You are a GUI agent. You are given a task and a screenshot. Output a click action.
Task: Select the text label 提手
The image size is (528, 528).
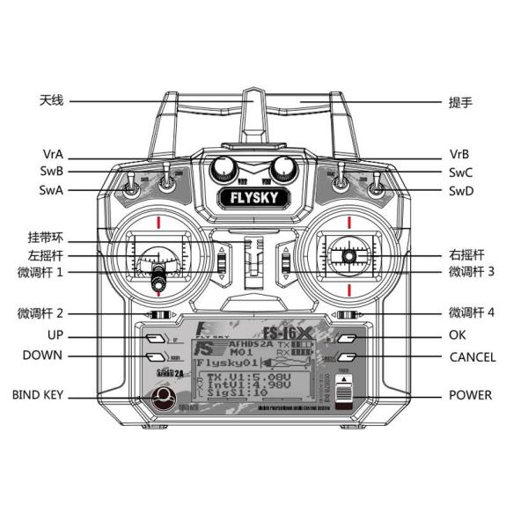pos(461,101)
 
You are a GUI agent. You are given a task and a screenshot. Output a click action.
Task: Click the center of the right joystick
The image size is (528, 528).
pos(349,256)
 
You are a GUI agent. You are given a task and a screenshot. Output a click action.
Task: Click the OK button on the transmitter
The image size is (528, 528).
pos(349,336)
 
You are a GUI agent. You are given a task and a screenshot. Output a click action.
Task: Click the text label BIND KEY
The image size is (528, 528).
pos(38,395)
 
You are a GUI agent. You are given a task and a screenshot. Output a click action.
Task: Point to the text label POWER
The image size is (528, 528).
pos(470,395)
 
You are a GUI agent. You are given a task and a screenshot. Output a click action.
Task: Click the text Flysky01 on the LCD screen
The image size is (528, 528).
pos(226,362)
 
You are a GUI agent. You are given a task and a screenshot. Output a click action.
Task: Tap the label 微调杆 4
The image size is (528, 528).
pos(472,312)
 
